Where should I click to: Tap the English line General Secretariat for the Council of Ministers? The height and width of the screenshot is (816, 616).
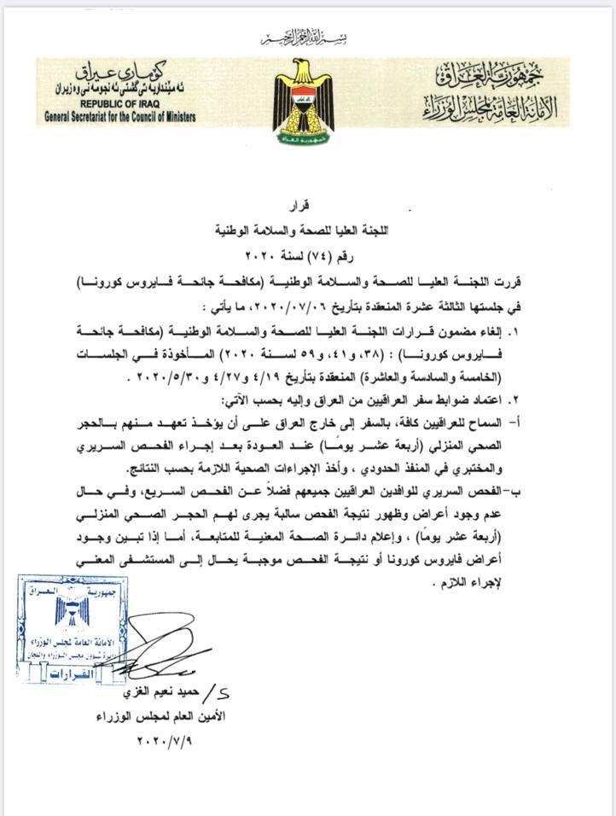pyautogui.click(x=120, y=116)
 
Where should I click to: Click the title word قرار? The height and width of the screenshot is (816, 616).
pyautogui.click(x=307, y=205)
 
